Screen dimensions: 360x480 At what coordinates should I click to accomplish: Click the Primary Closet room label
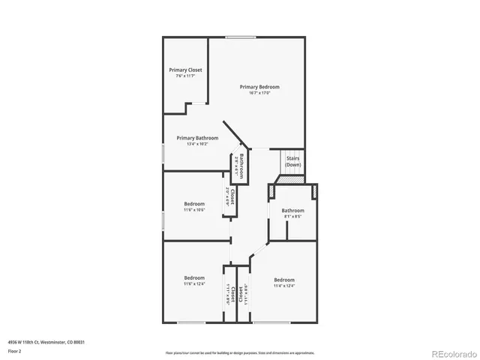point(185,70)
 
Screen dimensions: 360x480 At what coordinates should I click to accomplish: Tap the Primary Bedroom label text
point(254,87)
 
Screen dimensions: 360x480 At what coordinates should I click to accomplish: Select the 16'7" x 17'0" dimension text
point(254,93)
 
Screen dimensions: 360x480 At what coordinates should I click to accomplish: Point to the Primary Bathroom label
point(197,138)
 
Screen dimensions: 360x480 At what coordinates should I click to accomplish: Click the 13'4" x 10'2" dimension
point(197,144)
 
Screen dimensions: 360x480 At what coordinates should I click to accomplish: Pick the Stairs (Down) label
point(292,161)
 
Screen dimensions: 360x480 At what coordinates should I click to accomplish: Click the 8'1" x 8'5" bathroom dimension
point(293,217)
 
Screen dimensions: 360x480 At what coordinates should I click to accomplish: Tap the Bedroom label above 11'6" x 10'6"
point(194,204)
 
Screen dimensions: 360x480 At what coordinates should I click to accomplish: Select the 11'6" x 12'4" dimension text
point(194,284)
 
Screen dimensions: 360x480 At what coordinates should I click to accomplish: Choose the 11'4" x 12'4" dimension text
point(284,286)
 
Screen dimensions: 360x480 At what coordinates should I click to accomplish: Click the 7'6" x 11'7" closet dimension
point(185,76)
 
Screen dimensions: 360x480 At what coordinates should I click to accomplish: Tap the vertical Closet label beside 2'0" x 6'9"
point(233,196)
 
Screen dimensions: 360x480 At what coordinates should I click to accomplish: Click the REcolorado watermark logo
point(451,352)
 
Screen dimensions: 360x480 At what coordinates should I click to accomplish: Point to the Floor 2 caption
point(15,351)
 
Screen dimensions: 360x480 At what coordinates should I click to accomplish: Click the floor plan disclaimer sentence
point(239,352)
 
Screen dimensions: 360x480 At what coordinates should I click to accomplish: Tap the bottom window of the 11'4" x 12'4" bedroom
point(273,322)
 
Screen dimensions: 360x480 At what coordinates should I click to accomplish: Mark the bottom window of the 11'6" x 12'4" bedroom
point(191,322)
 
